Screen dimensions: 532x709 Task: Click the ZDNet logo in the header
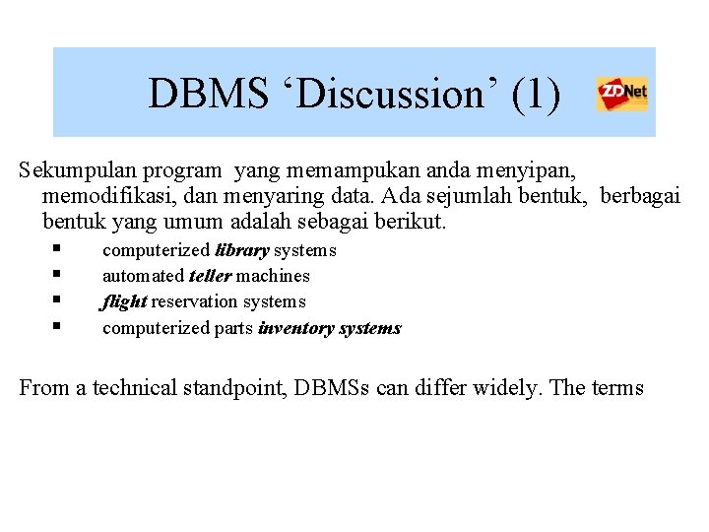(x=622, y=95)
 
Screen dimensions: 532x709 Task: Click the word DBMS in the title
(x=206, y=95)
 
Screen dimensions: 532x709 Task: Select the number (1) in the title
(x=537, y=95)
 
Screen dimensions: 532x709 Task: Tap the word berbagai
(x=639, y=196)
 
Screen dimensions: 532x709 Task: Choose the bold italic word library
(x=242, y=250)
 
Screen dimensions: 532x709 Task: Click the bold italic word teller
(x=210, y=276)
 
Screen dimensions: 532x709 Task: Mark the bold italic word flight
(x=125, y=301)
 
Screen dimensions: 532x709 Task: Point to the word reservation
(x=193, y=301)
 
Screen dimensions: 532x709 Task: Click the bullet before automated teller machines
(x=58, y=275)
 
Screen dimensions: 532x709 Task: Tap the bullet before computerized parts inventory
(x=58, y=326)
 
